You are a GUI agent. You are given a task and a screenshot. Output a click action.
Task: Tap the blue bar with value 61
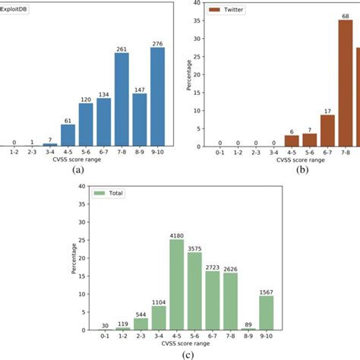pyautogui.click(x=68, y=134)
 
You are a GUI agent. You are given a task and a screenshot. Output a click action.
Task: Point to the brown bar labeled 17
pyautogui.click(x=327, y=131)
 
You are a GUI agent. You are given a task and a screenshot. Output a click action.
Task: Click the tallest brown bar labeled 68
pyautogui.click(x=346, y=84)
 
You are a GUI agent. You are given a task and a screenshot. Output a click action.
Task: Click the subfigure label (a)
pyautogui.click(x=77, y=172)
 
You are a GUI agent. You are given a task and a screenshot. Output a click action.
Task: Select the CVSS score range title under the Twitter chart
pyautogui.click(x=289, y=161)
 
